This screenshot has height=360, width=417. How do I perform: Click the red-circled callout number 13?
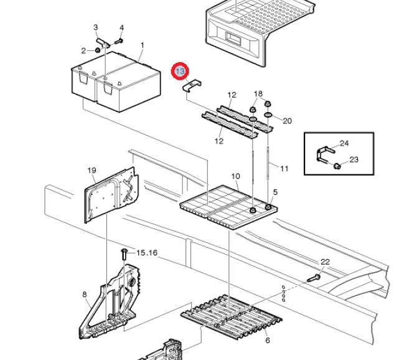click(x=180, y=72)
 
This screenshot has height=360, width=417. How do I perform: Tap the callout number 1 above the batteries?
click(x=142, y=45)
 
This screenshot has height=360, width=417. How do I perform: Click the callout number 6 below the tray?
click(x=267, y=340)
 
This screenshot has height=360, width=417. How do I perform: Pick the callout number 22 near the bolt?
click(x=325, y=262)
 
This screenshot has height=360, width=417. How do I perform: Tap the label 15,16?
click(x=148, y=253)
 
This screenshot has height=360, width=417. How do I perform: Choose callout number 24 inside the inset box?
click(x=344, y=143)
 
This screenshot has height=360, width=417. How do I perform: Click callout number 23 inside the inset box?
click(x=354, y=159)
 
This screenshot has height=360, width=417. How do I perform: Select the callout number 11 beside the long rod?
click(x=284, y=169)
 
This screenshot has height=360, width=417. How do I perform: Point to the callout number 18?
click(x=258, y=94)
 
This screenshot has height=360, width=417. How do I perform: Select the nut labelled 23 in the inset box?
click(x=336, y=166)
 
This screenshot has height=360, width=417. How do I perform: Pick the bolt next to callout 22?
click(x=314, y=278)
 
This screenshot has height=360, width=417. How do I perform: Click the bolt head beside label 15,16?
click(x=123, y=252)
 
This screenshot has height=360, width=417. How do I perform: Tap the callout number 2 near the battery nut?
click(x=83, y=50)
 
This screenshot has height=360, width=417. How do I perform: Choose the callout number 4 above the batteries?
click(x=121, y=28)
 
